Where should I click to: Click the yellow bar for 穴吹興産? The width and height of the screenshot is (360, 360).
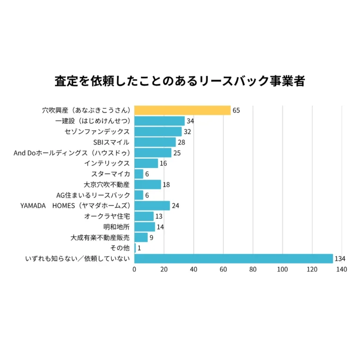[182, 110]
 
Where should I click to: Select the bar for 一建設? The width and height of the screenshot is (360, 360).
[159, 121]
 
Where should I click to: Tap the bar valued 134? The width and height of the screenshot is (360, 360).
[234, 258]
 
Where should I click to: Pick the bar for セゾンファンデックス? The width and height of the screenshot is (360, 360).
[158, 132]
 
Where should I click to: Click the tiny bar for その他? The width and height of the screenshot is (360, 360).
[135, 248]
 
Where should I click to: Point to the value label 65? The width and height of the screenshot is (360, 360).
[236, 110]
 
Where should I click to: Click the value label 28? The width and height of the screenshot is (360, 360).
[181, 142]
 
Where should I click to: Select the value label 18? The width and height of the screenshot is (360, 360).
[167, 185]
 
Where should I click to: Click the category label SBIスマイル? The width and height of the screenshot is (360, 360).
[111, 142]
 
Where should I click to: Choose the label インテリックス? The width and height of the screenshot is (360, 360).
[107, 163]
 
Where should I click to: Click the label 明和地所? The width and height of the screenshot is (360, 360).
[116, 227]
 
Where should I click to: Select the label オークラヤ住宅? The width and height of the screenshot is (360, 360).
[107, 216]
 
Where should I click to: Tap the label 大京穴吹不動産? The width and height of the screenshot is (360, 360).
[103, 185]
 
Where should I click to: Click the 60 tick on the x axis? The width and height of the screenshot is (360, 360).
[223, 270]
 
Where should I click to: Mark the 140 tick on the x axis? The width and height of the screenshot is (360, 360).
[342, 270]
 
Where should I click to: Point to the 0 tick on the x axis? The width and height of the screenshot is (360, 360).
[134, 270]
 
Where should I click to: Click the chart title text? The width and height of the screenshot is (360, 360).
[180, 80]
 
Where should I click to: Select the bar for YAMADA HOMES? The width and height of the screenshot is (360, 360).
[152, 206]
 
